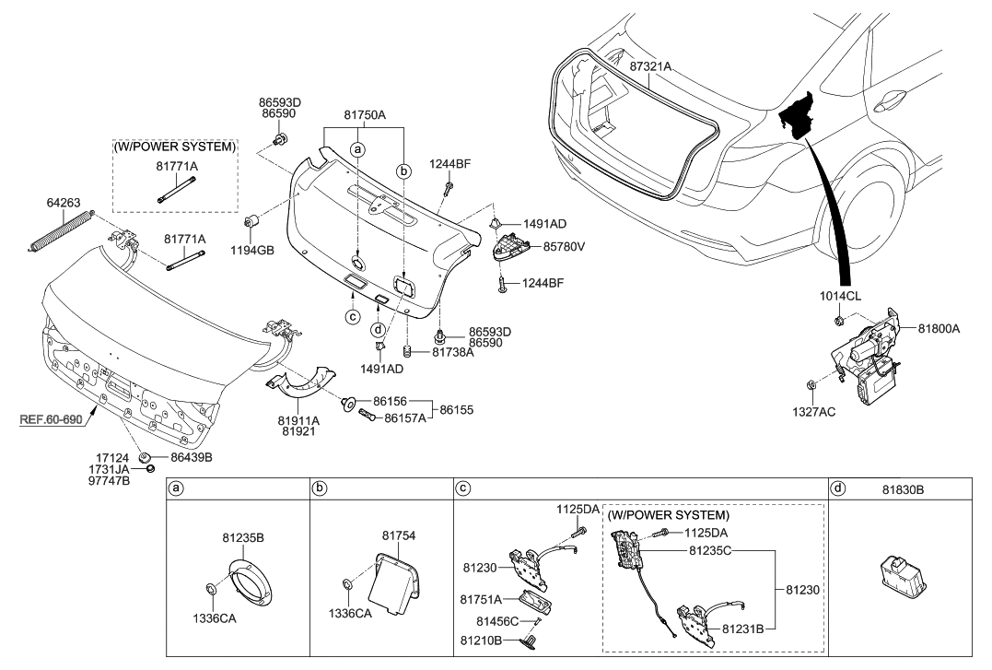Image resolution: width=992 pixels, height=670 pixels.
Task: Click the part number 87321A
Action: (x=650, y=67)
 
